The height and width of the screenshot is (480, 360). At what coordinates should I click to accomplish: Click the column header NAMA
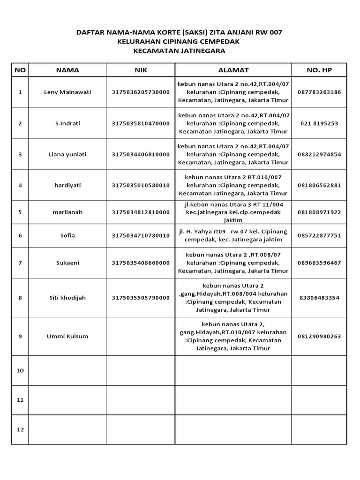tap(67, 70)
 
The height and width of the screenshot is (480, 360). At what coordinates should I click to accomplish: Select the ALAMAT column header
tap(233, 70)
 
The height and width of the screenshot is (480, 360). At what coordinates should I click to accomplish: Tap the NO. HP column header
tap(319, 70)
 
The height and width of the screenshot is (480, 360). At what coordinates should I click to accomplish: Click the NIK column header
tap(141, 70)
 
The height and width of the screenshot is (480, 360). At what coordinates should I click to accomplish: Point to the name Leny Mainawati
tap(67, 92)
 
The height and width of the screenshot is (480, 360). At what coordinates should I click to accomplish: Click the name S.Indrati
tap(67, 123)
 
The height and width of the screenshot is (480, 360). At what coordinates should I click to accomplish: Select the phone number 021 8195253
tap(319, 123)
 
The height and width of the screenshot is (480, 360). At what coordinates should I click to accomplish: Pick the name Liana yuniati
tap(67, 154)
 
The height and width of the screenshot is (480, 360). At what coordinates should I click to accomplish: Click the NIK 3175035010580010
tap(141, 185)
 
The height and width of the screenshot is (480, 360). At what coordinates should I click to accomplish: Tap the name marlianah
tap(67, 212)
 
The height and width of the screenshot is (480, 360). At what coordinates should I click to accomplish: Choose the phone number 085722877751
tap(319, 235)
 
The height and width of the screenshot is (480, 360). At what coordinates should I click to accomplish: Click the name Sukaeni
tap(67, 262)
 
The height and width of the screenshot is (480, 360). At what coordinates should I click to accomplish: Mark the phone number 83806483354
tap(319, 298)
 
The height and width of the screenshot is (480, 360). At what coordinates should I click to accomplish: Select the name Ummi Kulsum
tap(67, 336)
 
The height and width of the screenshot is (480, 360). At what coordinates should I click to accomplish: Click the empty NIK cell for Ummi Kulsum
tap(141, 336)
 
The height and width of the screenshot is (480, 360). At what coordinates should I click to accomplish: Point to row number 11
tap(20, 400)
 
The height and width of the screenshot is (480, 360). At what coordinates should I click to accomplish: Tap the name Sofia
tap(67, 235)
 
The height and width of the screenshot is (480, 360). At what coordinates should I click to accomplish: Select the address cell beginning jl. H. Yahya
tap(233, 235)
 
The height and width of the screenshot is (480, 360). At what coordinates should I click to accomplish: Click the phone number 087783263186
tap(319, 92)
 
